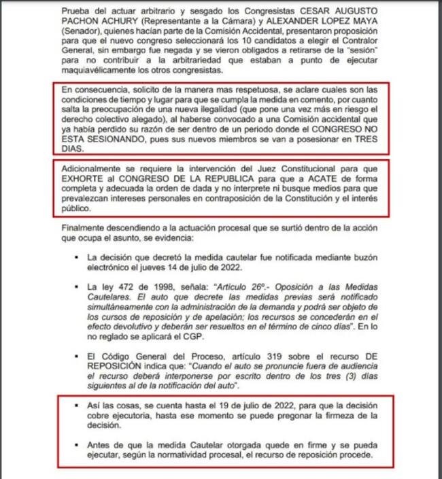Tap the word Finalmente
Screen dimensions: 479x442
tap(84, 229)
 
